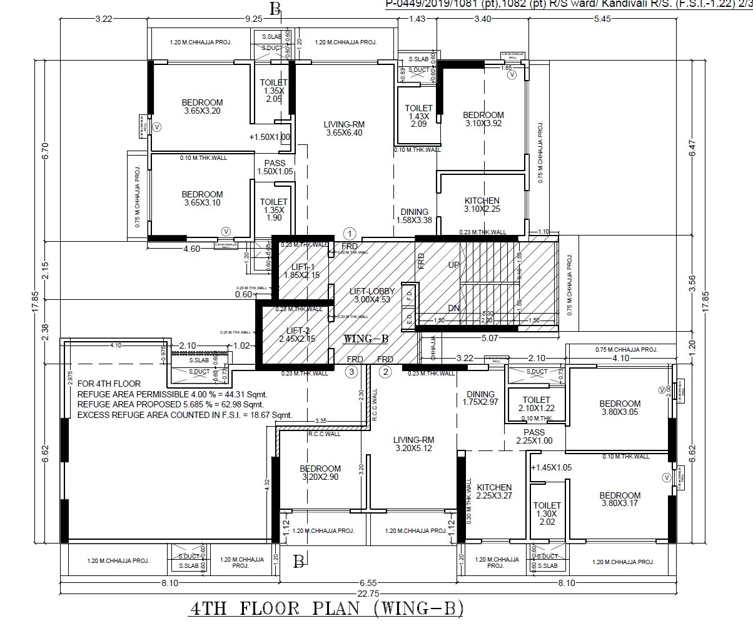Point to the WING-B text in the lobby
point(366,339)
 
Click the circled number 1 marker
point(350,232)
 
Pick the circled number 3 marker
point(352,372)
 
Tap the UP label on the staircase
point(454,266)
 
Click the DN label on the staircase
point(454,309)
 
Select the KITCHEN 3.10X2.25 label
point(482,205)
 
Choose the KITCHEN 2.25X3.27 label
point(494,492)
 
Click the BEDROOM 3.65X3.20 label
point(202,107)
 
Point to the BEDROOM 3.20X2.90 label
point(320,473)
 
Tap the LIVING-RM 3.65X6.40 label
point(343,128)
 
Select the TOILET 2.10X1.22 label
point(536,404)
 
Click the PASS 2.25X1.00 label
point(534,436)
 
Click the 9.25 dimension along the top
point(253,19)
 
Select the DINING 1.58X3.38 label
point(414,216)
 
